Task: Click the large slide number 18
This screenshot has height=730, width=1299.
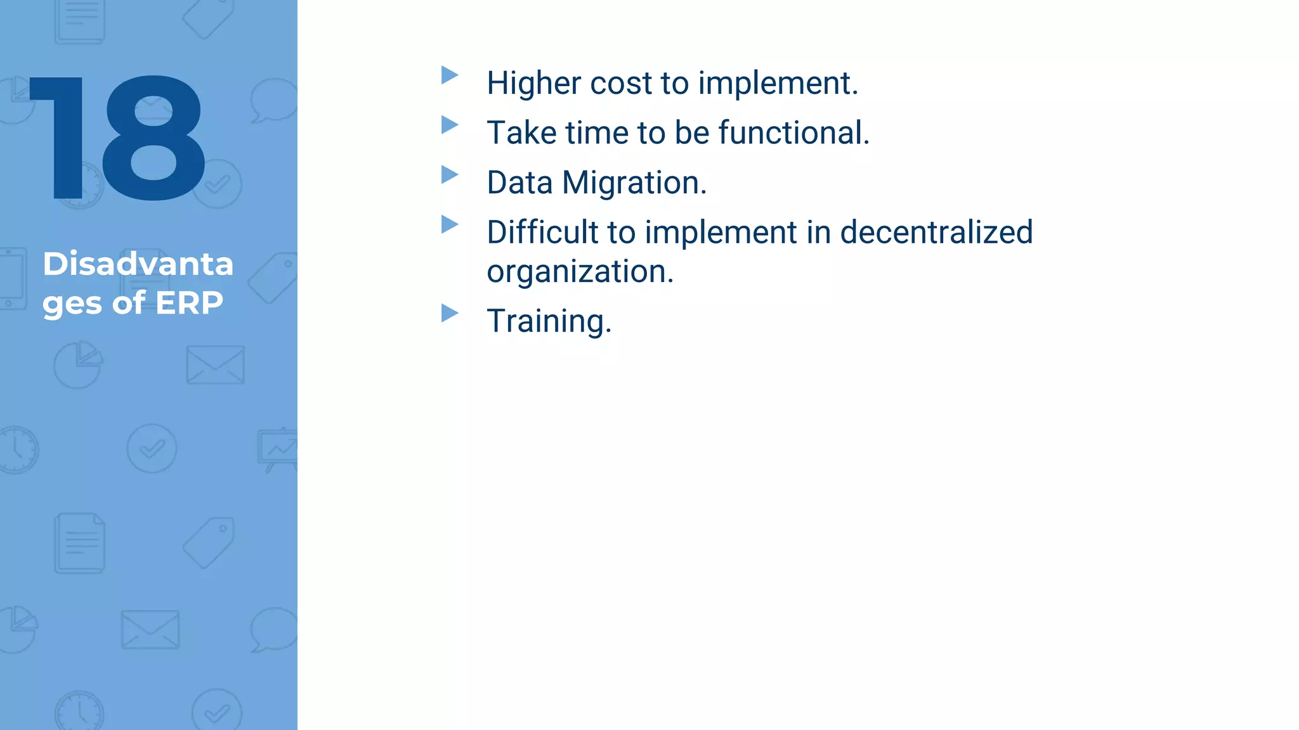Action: (117, 138)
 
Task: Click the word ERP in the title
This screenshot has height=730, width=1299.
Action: (189, 303)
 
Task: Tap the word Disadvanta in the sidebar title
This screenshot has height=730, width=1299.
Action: (138, 264)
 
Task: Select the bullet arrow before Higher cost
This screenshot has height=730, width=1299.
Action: (449, 75)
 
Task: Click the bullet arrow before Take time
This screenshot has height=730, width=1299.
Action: (449, 125)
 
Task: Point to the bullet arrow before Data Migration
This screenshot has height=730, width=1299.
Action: (449, 174)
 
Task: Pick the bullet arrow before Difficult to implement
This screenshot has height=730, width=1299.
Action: (449, 224)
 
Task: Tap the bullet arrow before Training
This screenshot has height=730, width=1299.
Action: (449, 313)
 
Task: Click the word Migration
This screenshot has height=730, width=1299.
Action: (634, 183)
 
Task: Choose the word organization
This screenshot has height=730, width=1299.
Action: (579, 272)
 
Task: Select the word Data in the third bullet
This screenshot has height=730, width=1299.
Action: (519, 183)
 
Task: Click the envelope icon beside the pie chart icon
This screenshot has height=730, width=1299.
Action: (215, 365)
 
